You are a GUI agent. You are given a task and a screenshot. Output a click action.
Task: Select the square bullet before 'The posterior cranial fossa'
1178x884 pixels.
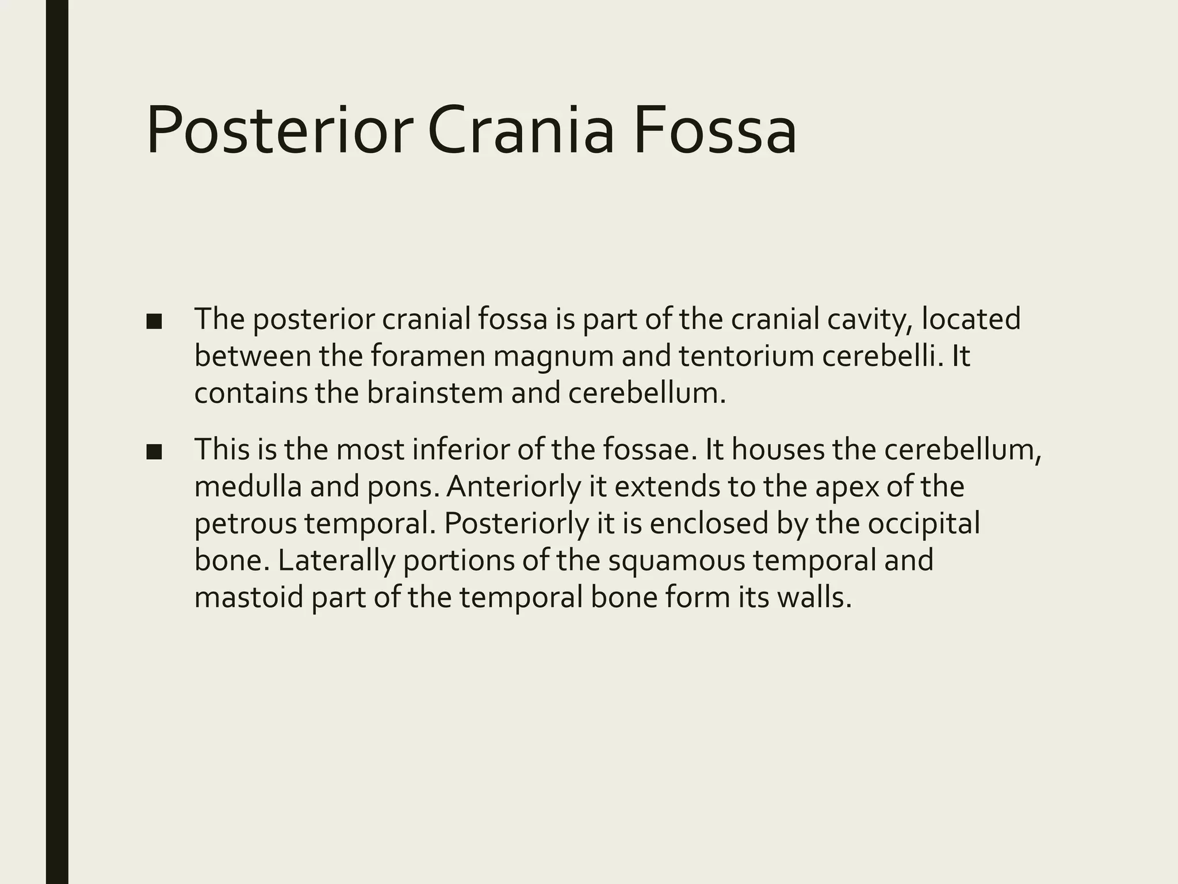point(154,322)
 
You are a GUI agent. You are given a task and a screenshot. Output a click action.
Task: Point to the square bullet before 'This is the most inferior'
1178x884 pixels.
point(154,452)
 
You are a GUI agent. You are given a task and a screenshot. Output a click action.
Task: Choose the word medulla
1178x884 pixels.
point(248,486)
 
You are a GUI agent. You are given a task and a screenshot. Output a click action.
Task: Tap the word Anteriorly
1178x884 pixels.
point(514,487)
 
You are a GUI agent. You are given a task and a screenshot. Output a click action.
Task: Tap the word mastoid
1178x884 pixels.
point(249,598)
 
